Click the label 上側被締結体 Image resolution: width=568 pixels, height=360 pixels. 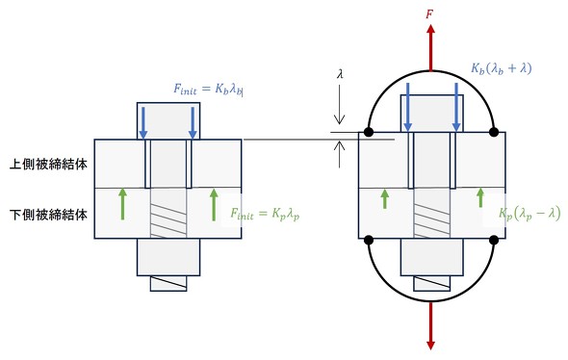pyautogui.click(x=48, y=165)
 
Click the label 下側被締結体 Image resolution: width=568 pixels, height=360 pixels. pyautogui.click(x=48, y=215)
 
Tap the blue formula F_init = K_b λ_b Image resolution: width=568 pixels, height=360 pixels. pyautogui.click(x=208, y=90)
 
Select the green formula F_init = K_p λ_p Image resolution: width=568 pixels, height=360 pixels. pyautogui.click(x=265, y=214)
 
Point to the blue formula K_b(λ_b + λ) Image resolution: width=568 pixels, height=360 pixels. pyautogui.click(x=502, y=68)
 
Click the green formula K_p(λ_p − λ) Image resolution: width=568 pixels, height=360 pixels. pyautogui.click(x=529, y=214)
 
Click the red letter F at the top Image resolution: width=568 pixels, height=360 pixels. pyautogui.click(x=429, y=14)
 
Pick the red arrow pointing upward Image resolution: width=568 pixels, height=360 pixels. pyautogui.click(x=430, y=47)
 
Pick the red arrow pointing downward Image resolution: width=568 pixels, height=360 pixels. pyautogui.click(x=430, y=326)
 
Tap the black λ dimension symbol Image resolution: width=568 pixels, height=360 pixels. pyautogui.click(x=340, y=75)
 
